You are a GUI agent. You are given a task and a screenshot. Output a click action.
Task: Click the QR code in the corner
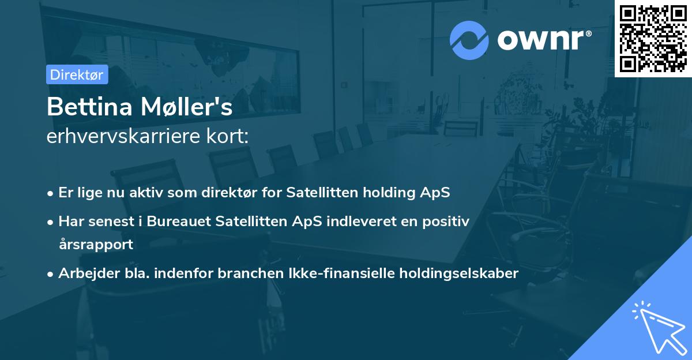[653, 39]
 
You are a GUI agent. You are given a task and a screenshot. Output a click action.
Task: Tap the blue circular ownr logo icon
[469, 40]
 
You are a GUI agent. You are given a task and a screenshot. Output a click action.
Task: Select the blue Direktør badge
[77, 74]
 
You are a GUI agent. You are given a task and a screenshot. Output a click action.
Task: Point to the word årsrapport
[96, 244]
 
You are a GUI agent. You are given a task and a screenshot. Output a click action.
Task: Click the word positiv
[446, 221]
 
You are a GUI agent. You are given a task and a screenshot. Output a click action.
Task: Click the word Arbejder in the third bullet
[85, 273]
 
